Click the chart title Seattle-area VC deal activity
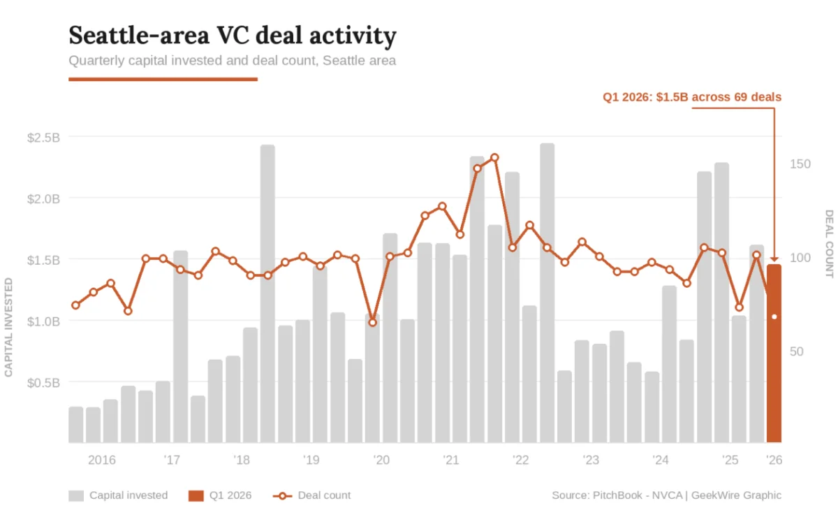click(x=233, y=35)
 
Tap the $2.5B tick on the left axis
click(x=43, y=138)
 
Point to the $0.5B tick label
click(x=43, y=383)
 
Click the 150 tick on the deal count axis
click(x=800, y=163)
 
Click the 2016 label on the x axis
click(x=102, y=460)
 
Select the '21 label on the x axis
click(x=451, y=460)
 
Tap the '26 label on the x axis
click(x=774, y=460)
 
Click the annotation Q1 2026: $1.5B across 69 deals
click(x=692, y=97)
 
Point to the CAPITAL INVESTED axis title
click(x=9, y=327)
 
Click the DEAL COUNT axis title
click(x=829, y=243)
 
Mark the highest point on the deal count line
click(x=494, y=157)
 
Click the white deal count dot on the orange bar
click(x=774, y=317)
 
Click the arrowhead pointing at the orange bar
click(x=774, y=260)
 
